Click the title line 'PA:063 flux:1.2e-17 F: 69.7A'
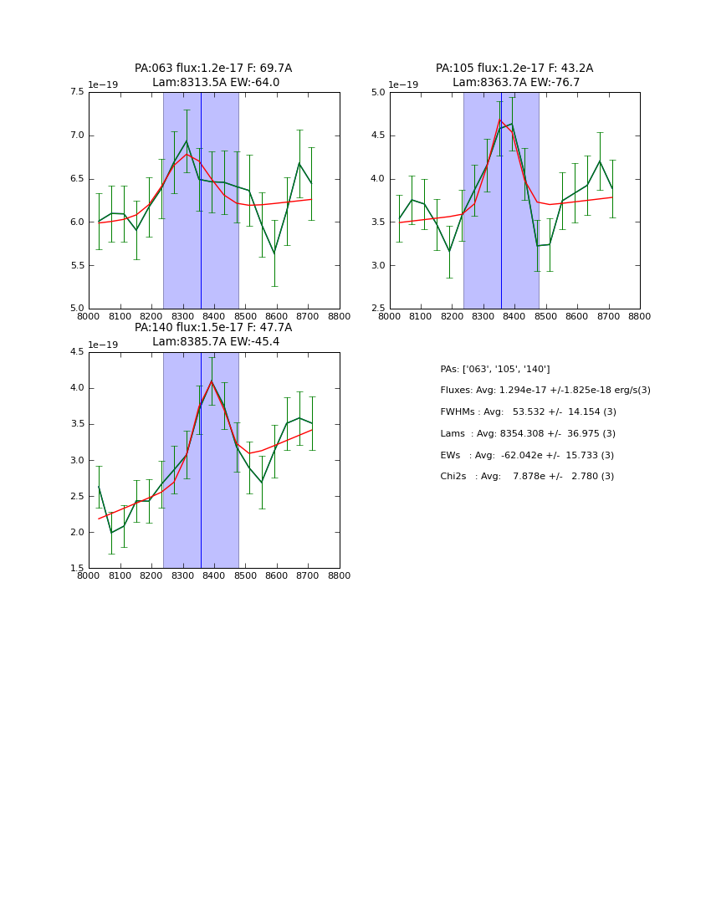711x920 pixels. [x=213, y=69]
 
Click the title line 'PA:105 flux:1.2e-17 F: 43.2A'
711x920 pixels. [x=514, y=69]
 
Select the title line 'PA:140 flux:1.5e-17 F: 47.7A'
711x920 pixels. [x=213, y=328]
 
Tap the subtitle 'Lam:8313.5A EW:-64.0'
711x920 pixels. [x=216, y=83]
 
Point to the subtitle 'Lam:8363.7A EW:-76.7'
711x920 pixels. [x=516, y=83]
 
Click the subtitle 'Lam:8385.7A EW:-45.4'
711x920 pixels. [x=216, y=342]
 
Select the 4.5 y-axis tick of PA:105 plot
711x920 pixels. [x=378, y=135]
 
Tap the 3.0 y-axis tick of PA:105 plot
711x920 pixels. [x=378, y=265]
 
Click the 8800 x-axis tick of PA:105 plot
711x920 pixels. [x=640, y=316]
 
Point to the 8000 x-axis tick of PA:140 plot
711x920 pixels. [x=89, y=575]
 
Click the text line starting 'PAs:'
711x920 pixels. [x=494, y=369]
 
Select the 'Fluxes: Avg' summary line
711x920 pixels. [x=545, y=391]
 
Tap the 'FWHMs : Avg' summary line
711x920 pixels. [x=528, y=412]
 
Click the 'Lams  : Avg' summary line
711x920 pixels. [x=528, y=434]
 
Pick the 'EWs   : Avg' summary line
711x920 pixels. [x=527, y=456]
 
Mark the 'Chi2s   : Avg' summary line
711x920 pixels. [x=527, y=477]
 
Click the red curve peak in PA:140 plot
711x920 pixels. [x=212, y=381]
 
